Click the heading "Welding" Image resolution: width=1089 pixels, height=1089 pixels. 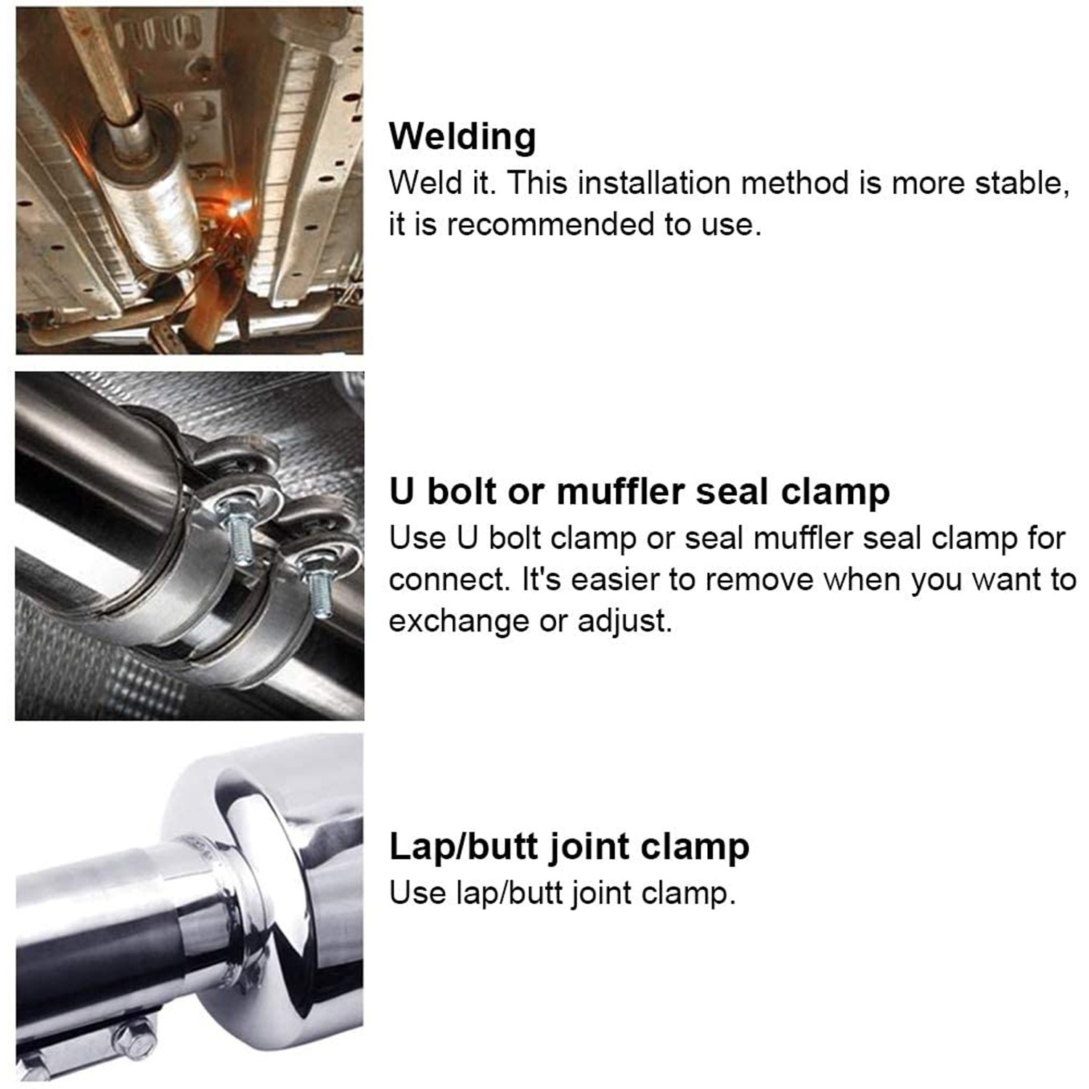462,136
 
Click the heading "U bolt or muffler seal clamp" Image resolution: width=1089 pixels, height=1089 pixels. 639,492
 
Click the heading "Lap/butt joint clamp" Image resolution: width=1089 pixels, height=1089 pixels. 568,847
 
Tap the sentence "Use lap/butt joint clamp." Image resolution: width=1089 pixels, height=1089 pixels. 562,893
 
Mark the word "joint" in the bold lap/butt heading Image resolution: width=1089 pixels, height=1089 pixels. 588,847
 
